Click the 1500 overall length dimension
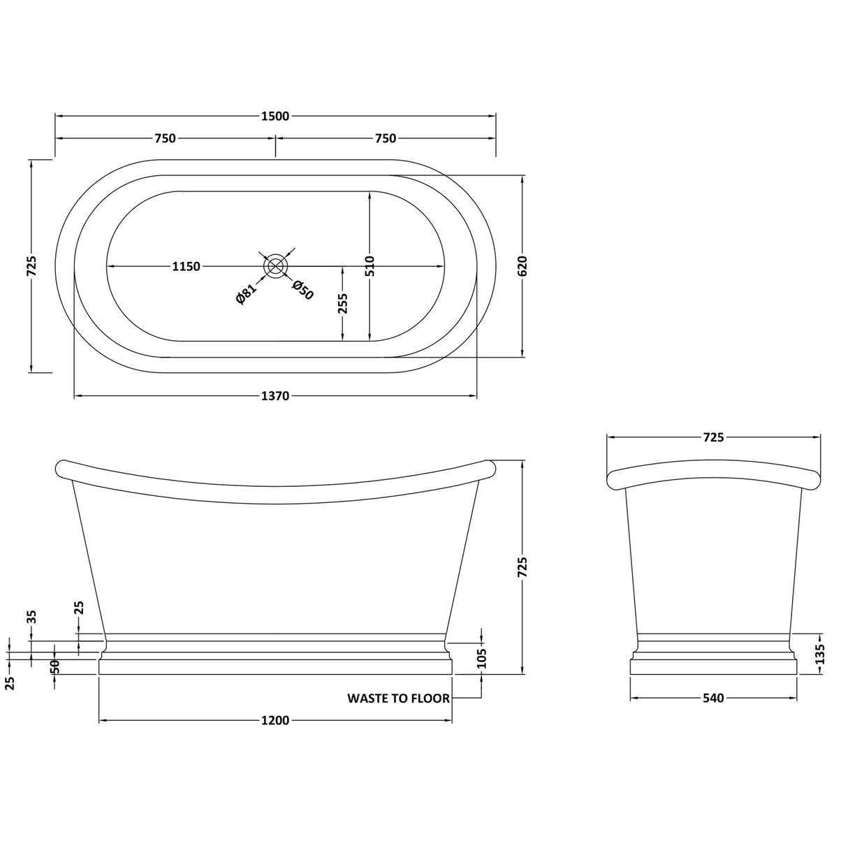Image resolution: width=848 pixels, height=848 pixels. coord(275,116)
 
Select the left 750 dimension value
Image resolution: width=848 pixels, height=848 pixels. coord(165,138)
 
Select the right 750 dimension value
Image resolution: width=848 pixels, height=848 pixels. coord(386,138)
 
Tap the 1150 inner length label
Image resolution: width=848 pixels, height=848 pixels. coord(186,266)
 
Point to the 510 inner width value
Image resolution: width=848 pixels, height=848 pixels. coord(370,266)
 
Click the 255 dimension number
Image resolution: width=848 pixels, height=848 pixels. coord(343,303)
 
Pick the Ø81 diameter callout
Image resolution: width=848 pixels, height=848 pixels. coord(246,293)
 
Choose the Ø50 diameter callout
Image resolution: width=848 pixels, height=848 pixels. coord(302,290)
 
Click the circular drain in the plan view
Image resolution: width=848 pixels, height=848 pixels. coord(275,266)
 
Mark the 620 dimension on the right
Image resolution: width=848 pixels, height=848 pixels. coord(522,266)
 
